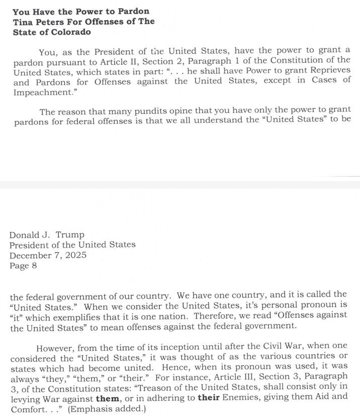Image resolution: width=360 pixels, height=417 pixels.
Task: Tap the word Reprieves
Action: [x=327, y=72]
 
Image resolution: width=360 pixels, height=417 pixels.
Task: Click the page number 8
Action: [x=34, y=266]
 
